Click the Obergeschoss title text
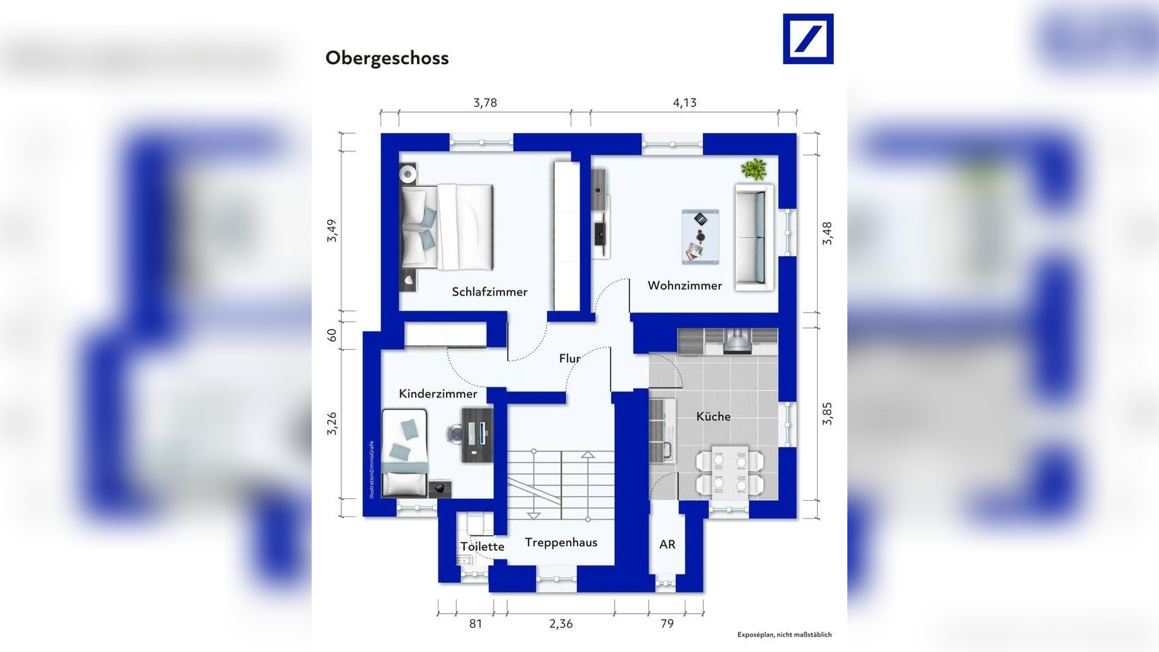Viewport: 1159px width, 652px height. click(387, 58)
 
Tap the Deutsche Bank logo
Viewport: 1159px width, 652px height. click(808, 39)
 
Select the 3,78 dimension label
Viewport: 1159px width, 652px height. click(485, 103)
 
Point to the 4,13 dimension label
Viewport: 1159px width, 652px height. click(684, 103)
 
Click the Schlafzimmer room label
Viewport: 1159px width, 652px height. click(489, 292)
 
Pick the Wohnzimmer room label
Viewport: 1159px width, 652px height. click(685, 286)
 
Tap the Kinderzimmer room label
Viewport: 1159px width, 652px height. click(438, 393)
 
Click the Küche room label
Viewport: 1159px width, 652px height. click(713, 416)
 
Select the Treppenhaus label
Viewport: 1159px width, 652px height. click(561, 542)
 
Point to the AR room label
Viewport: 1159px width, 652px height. click(667, 544)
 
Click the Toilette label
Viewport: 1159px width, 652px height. click(482, 546)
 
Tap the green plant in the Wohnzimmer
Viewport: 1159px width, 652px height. click(754, 169)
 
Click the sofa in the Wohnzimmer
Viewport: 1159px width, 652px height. click(754, 237)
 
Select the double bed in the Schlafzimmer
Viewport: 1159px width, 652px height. click(447, 227)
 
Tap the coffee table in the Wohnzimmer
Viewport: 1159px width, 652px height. click(700, 236)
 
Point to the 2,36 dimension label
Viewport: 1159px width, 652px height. click(561, 624)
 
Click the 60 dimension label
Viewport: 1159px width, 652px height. click(331, 335)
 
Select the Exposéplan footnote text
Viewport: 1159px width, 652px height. click(784, 634)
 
